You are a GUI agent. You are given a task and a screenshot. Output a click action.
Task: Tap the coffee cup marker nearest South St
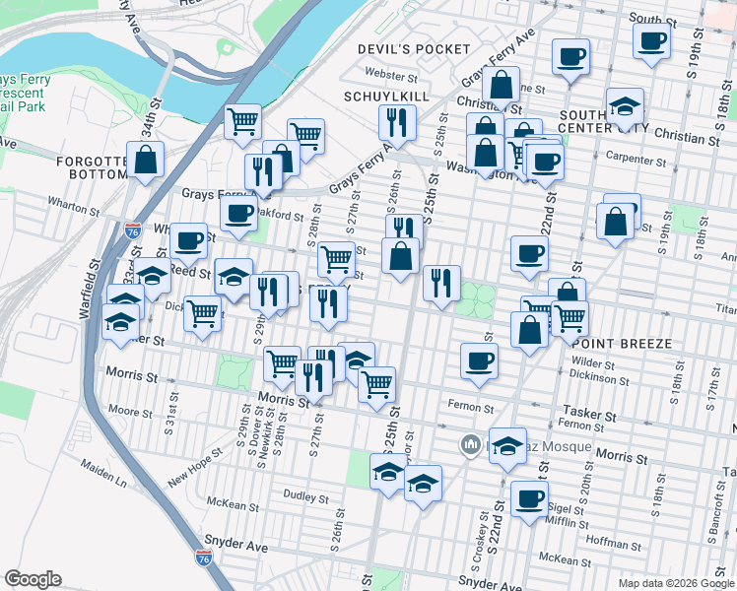coord(651,41)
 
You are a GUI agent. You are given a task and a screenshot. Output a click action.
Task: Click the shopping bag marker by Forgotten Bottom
coord(146,161)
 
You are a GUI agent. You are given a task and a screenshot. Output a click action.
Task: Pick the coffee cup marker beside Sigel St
coord(529,498)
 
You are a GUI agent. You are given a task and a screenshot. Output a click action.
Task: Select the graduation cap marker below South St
coord(625,105)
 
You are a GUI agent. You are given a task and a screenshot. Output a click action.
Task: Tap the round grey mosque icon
coord(471,446)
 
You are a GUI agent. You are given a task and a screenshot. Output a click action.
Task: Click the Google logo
coord(33,579)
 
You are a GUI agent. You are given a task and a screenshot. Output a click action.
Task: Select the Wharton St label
coord(74,206)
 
